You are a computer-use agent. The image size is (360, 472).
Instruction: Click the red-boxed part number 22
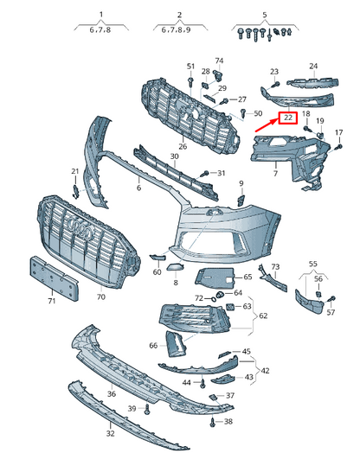coord(286,118)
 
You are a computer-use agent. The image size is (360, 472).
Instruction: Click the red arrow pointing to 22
coord(266,131)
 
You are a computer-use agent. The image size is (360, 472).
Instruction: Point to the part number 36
coord(112,394)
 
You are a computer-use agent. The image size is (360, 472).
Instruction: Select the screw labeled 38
coord(214,423)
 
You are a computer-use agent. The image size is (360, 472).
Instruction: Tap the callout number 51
coord(190,67)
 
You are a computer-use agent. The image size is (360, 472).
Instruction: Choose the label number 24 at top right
coord(313,66)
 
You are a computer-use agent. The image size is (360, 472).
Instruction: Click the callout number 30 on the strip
coord(174,156)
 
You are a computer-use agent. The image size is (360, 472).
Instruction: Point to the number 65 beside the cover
coord(247,277)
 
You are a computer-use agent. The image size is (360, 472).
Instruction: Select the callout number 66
coord(153,345)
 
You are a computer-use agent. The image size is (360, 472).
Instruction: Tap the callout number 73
coord(275,267)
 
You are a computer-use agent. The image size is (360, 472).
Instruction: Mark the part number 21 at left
coord(75,171)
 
